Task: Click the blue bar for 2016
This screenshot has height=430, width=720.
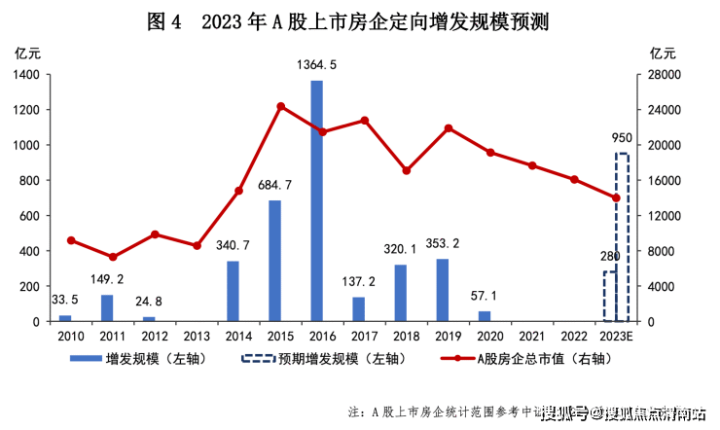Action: [316, 201]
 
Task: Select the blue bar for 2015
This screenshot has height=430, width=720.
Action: [274, 261]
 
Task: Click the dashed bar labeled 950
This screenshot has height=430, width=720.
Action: [622, 237]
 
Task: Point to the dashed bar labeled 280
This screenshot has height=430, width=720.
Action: [609, 297]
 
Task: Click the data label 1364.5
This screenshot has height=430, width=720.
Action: [317, 65]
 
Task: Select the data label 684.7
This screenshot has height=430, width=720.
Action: [276, 185]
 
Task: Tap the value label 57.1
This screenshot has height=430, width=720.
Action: [484, 295]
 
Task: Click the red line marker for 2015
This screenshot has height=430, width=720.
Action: [280, 106]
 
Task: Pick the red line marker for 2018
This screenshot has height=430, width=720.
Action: [406, 170]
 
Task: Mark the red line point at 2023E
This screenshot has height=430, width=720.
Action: [616, 197]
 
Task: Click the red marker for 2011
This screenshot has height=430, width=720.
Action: [113, 257]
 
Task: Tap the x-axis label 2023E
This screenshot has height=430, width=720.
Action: [616, 337]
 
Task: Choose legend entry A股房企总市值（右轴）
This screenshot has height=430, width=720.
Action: [541, 359]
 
